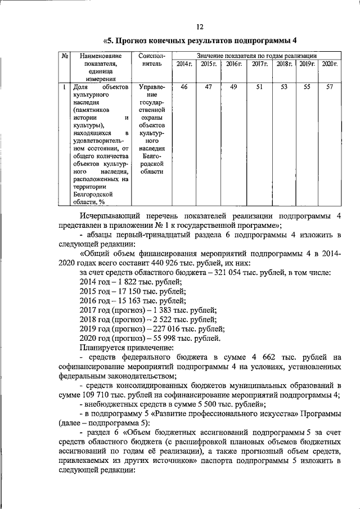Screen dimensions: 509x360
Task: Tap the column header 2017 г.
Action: coord(259,65)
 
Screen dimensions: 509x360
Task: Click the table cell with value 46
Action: coord(184,87)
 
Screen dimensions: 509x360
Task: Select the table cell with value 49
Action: coord(233,87)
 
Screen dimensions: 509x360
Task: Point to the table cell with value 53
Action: coord(284,87)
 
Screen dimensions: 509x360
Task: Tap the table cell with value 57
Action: coord(330,87)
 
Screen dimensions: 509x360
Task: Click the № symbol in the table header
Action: coord(65,56)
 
